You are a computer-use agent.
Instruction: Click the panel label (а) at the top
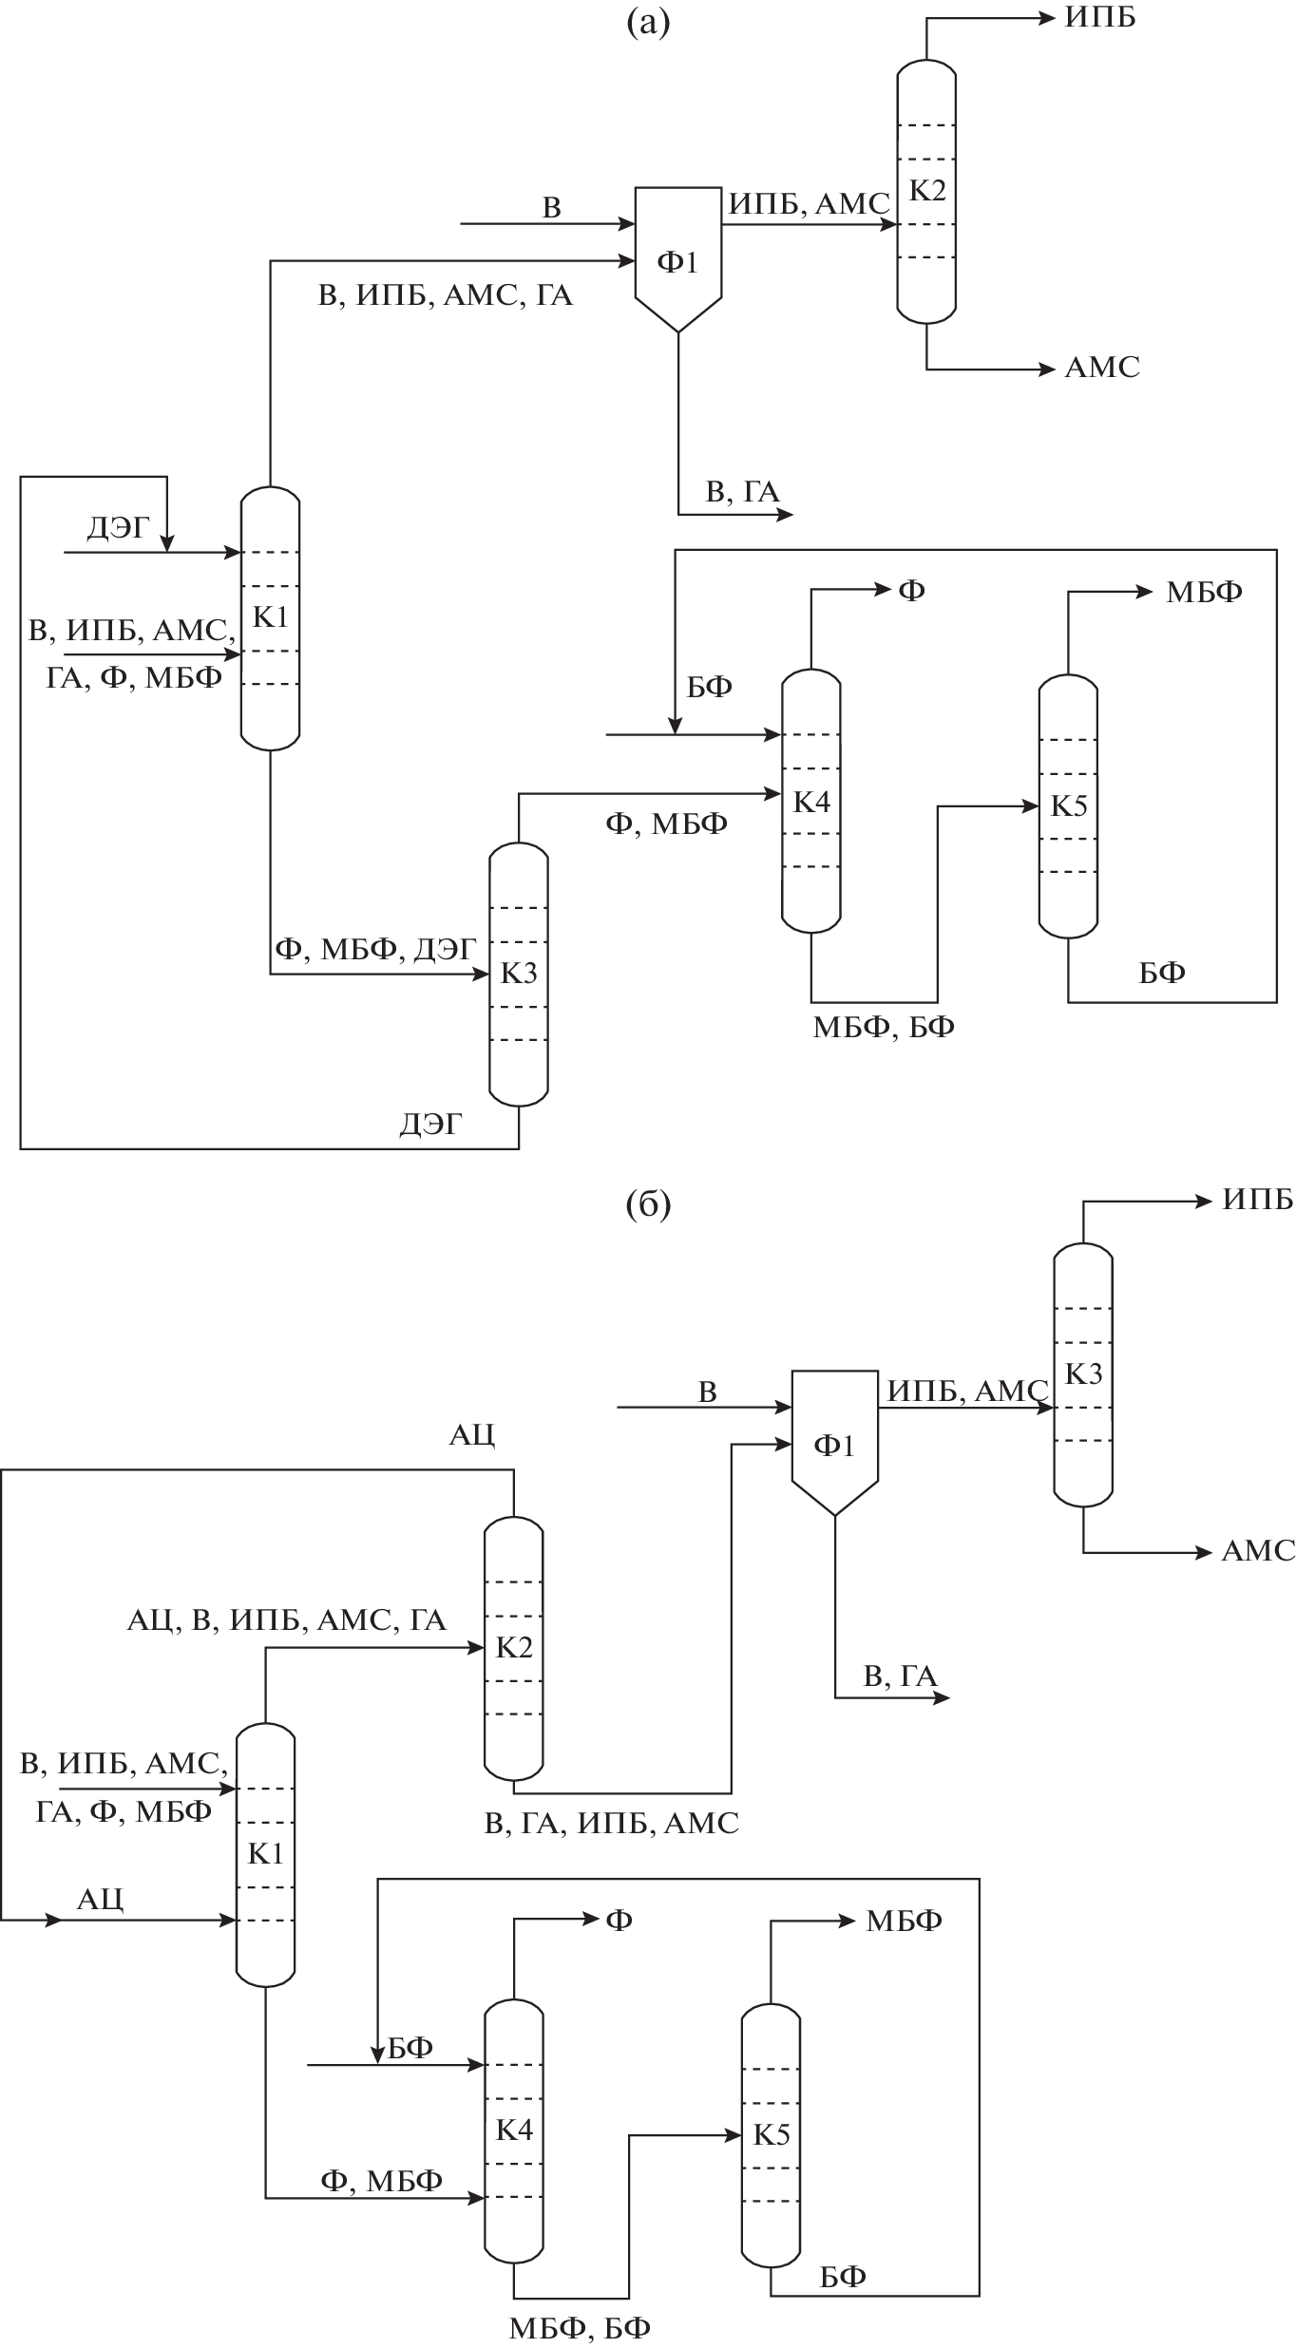point(648,21)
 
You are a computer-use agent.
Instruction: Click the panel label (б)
point(648,1204)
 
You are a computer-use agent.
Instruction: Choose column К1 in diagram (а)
point(270,617)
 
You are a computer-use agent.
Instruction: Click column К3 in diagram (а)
point(519,975)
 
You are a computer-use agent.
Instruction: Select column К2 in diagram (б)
point(514,1647)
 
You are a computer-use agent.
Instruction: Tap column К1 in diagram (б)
point(265,1853)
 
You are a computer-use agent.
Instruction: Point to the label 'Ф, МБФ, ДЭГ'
point(374,949)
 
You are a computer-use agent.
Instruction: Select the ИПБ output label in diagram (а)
point(1099,18)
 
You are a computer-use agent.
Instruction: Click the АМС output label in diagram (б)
point(1258,1551)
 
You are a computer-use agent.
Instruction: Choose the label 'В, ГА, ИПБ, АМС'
point(611,1823)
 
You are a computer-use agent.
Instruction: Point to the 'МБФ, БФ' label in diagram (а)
point(883,1027)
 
